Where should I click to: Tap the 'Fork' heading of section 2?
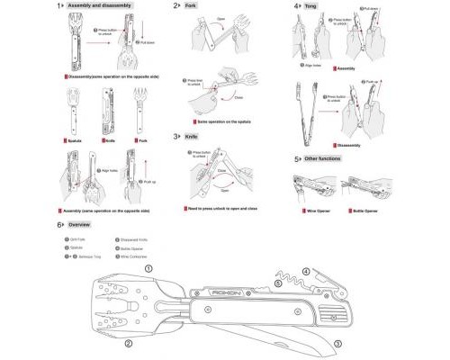pos(192,5)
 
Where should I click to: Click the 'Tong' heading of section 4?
pos(310,5)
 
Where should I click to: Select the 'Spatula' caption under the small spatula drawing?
pos(79,141)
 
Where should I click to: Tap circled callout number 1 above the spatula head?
pos(149,267)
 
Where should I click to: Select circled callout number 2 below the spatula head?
pos(129,344)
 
